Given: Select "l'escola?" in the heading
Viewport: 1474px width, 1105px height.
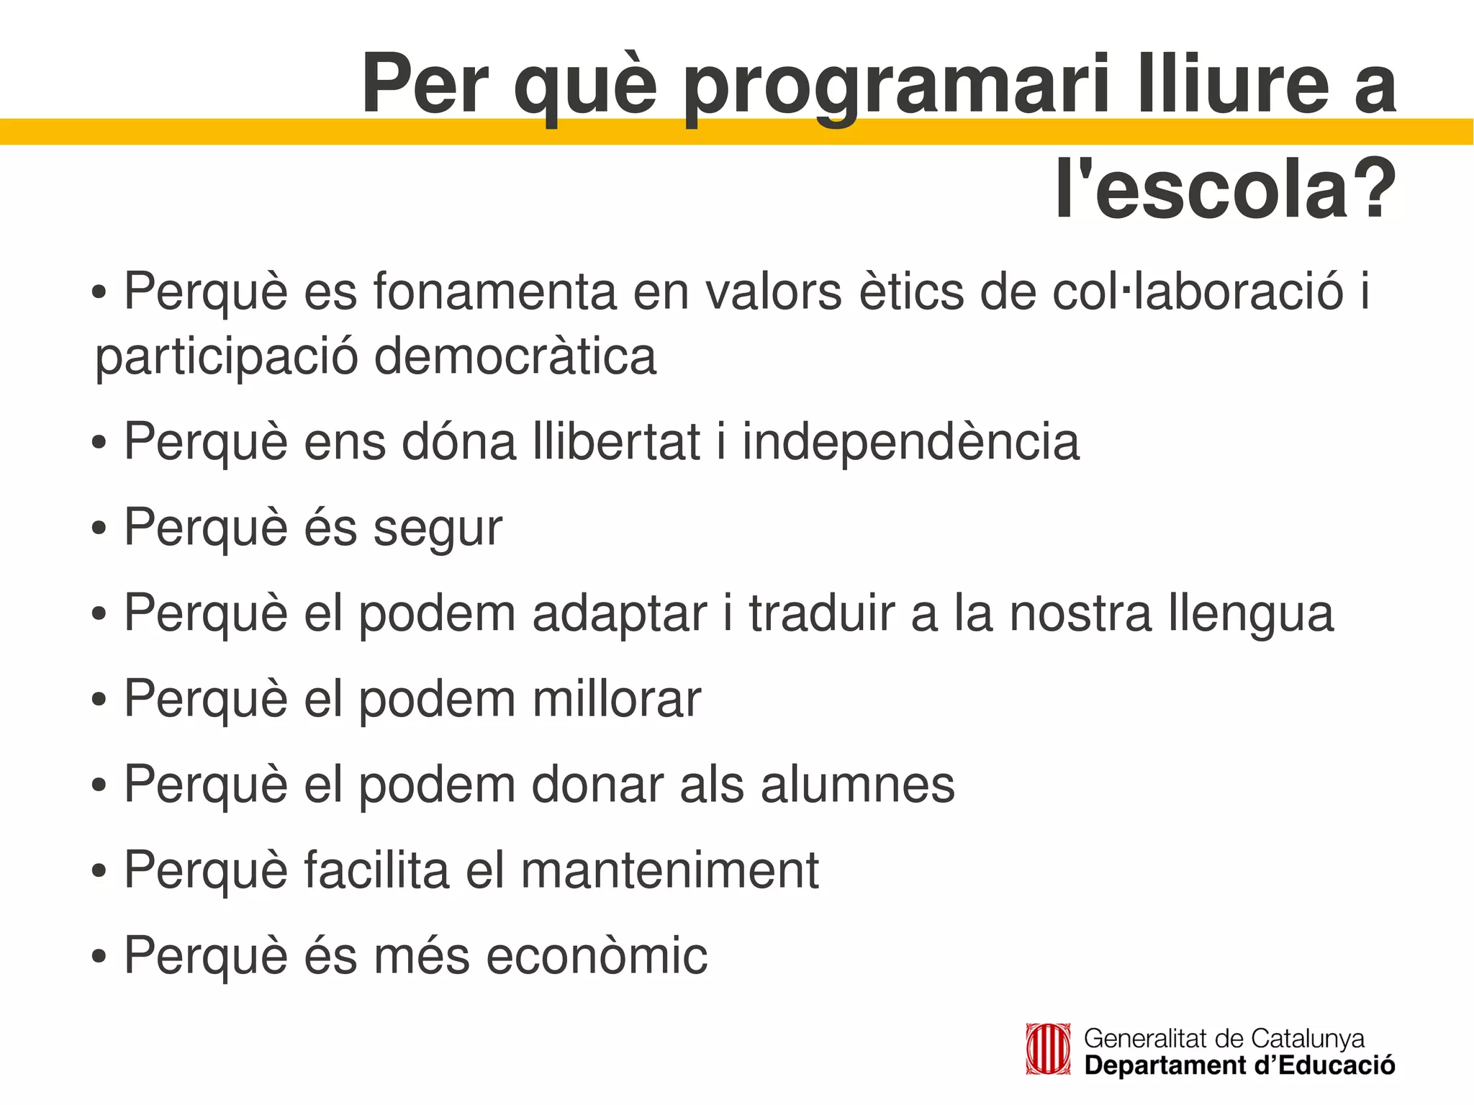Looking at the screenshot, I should (1225, 189).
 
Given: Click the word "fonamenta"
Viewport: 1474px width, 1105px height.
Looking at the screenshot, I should (494, 292).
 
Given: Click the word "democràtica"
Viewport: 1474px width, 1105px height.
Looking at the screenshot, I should (515, 356).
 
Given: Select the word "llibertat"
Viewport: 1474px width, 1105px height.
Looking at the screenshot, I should (617, 441).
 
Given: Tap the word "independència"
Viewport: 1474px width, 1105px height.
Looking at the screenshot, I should (910, 443).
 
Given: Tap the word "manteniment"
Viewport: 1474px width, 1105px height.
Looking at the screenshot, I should (669, 870).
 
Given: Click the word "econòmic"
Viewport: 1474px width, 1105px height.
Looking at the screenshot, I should (597, 956).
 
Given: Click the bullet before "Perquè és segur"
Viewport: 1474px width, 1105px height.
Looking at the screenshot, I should (99, 530).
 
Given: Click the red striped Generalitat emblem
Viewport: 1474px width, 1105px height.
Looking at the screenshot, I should (1048, 1050).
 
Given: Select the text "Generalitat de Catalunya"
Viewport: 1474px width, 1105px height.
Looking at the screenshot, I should (1224, 1038).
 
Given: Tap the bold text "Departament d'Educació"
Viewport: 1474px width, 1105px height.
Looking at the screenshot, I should (1239, 1065).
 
